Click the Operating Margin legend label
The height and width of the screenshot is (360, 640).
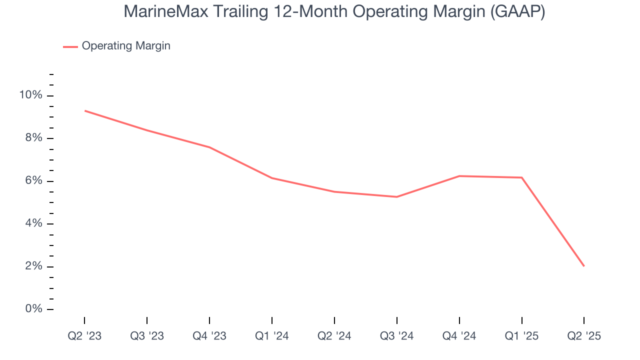click(x=126, y=46)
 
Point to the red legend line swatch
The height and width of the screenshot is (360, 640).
click(x=70, y=46)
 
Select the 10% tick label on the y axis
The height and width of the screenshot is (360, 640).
click(x=31, y=95)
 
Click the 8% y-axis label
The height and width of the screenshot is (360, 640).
click(x=34, y=138)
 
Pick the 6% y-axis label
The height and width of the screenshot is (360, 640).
click(x=34, y=180)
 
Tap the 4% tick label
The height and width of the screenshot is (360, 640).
click(x=34, y=223)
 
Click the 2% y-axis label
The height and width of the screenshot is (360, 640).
click(x=34, y=266)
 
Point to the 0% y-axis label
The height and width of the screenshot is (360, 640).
click(x=34, y=309)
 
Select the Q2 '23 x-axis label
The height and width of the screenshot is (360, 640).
click(x=84, y=336)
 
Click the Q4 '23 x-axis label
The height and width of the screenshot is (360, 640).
click(x=209, y=336)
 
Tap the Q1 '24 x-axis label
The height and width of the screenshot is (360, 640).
click(x=271, y=336)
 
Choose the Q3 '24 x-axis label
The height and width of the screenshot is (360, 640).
click(x=396, y=336)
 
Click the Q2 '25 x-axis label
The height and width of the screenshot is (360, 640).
click(x=584, y=336)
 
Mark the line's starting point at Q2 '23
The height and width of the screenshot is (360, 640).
click(x=84, y=110)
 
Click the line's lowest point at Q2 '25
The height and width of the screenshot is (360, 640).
click(x=584, y=266)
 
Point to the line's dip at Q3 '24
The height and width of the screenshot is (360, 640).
click(x=396, y=197)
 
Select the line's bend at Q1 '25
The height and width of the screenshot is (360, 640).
click(x=521, y=177)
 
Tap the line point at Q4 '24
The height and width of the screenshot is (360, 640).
click(x=459, y=176)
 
